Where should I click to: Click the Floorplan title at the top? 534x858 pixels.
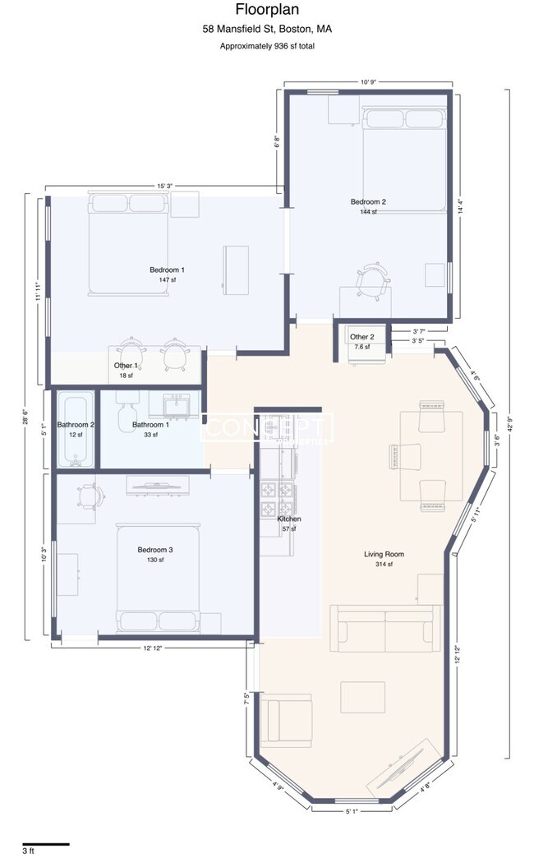[x=267, y=11]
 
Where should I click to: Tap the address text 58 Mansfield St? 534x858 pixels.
[x=267, y=30]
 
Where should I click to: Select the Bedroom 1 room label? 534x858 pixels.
[x=167, y=270]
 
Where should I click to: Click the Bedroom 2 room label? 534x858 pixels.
[x=368, y=201]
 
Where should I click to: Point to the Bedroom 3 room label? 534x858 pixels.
[x=155, y=550]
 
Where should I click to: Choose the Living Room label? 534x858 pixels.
[x=384, y=554]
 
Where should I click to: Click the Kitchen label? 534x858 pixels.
[x=288, y=519]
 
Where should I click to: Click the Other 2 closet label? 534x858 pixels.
[x=362, y=337]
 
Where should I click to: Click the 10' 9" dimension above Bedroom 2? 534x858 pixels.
[x=366, y=82]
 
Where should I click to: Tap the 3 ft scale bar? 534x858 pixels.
[x=46, y=844]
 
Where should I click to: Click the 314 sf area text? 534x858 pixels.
[x=384, y=564]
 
